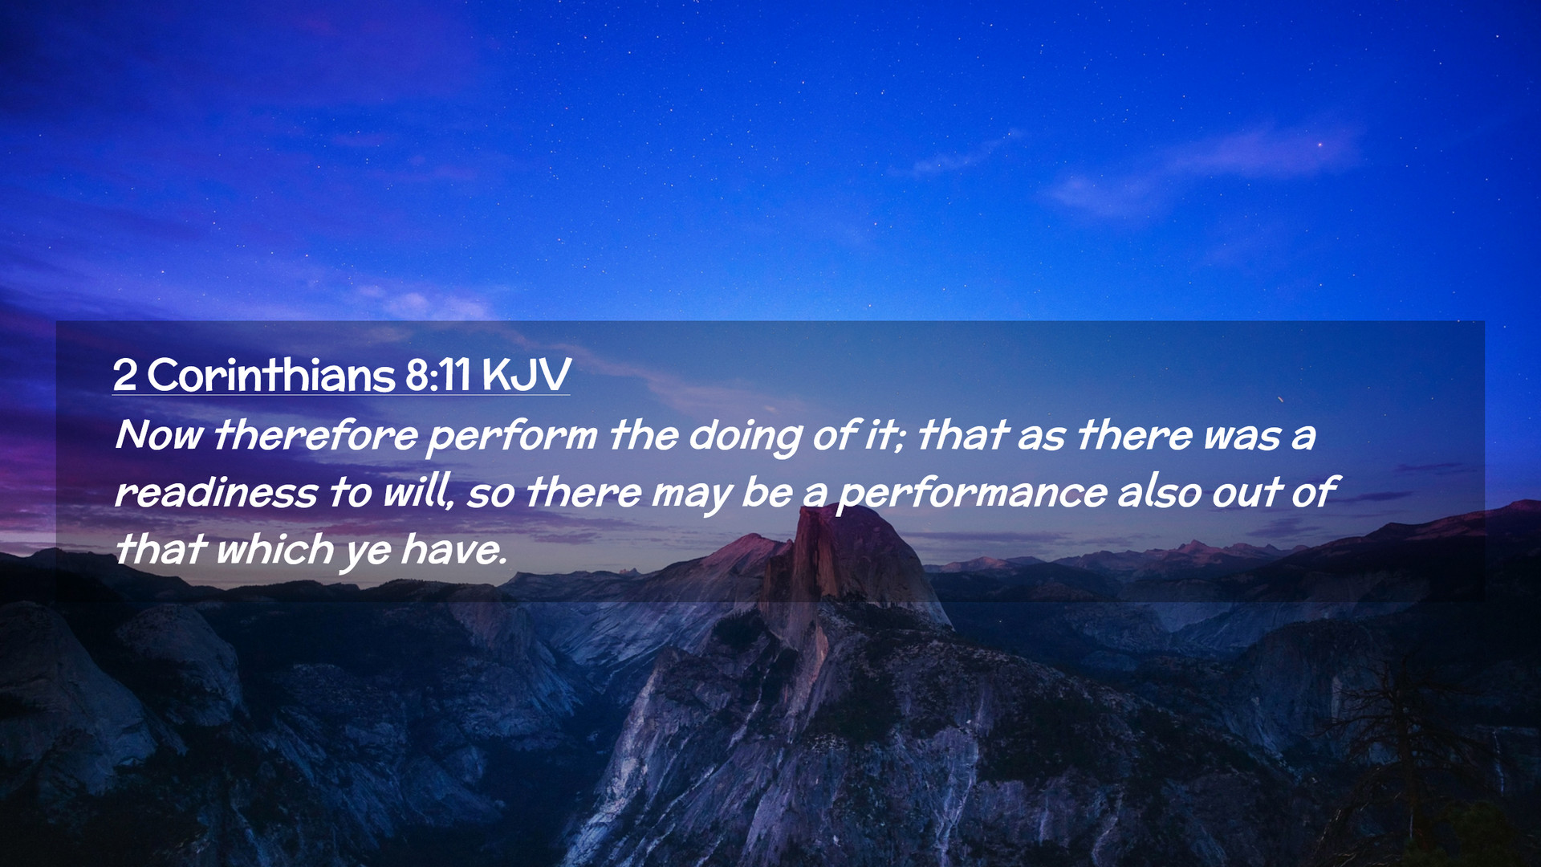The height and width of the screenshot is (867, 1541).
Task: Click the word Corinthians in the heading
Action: point(271,375)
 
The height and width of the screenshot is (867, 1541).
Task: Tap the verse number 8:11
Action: point(438,375)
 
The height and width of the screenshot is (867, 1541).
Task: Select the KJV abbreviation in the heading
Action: point(527,375)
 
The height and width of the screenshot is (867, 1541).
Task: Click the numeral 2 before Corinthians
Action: point(124,375)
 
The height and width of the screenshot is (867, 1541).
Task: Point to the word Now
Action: point(160,435)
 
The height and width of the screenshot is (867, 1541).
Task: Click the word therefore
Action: point(315,435)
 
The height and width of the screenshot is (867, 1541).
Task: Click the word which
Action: point(274,550)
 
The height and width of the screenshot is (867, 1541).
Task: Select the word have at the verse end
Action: point(453,550)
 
